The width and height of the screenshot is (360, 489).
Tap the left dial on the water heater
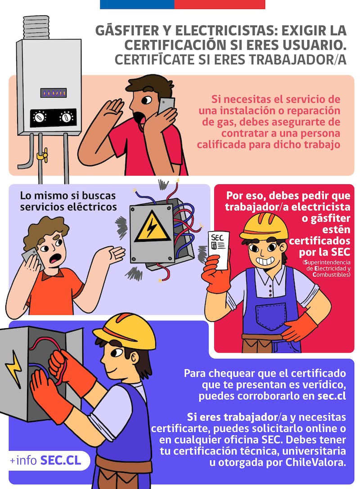tap(40, 118)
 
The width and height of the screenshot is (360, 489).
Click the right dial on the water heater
tap(66, 117)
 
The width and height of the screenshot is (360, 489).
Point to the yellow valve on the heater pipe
tap(42, 155)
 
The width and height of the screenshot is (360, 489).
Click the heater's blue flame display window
tap(53, 93)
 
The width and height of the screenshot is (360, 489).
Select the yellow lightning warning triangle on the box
tap(153, 227)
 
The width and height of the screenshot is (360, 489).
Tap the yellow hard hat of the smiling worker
tap(264, 226)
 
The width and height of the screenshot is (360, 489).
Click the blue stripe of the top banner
tap(137, 5)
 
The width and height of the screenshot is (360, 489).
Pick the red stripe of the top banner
tap(220, 5)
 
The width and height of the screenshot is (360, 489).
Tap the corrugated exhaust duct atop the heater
tap(36, 27)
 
